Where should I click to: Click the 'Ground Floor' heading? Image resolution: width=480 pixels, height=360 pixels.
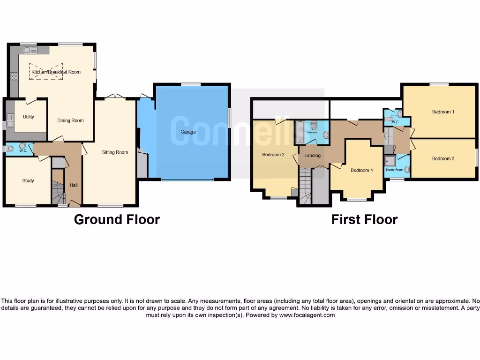point(117,219)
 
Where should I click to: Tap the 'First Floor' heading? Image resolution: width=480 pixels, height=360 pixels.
point(364,219)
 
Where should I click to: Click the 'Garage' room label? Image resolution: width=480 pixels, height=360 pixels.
point(188,132)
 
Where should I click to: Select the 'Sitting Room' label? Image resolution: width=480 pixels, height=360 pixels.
point(115,152)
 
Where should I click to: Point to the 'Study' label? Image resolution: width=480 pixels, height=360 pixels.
point(28,180)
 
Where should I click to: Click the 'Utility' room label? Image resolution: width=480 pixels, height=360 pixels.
point(28,117)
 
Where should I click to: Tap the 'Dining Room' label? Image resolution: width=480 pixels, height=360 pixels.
point(70,120)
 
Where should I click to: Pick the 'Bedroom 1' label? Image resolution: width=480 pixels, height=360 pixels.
point(442,112)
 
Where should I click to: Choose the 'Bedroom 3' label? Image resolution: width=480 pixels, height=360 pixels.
point(442,159)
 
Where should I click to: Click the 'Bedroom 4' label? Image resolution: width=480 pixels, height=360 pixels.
point(361,170)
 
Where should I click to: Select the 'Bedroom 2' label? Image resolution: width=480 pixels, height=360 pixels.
point(273,155)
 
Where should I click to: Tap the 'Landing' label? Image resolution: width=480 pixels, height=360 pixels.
point(312,155)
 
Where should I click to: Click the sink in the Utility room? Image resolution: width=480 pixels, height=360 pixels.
point(10,117)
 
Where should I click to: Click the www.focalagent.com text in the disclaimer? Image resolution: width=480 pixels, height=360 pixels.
point(307,315)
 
